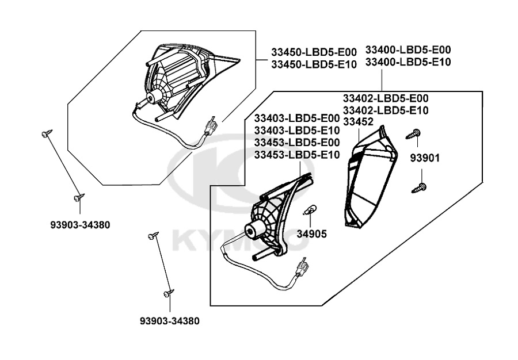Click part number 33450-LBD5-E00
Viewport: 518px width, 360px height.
tap(314, 52)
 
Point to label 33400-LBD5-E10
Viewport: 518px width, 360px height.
tap(408, 62)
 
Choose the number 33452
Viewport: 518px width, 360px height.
tap(358, 121)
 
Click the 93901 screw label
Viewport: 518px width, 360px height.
tap(425, 158)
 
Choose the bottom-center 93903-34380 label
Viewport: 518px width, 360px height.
tap(169, 321)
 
